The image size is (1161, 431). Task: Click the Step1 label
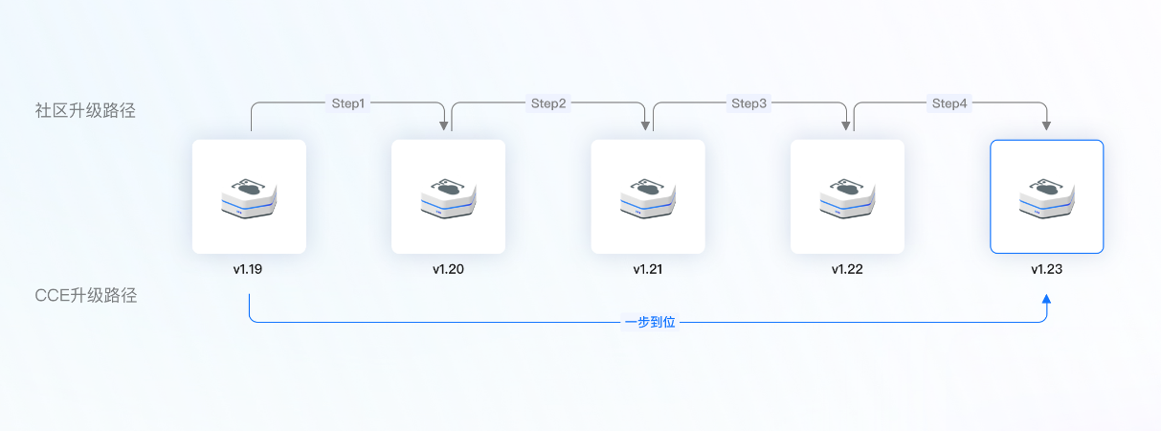point(348,103)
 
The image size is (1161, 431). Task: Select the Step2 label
point(548,103)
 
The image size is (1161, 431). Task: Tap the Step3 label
point(748,103)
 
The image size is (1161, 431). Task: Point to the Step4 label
point(949,103)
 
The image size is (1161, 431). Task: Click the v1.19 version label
point(249,269)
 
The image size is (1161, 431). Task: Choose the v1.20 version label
point(448,269)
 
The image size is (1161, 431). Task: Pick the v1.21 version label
point(648,269)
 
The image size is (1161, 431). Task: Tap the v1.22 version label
point(847,269)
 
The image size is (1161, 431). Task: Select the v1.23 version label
point(1046,269)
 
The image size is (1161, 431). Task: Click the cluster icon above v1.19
point(249,196)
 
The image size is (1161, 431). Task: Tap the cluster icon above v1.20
point(448,196)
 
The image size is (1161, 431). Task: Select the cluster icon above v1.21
point(648,196)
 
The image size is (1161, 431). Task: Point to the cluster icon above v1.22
point(847,196)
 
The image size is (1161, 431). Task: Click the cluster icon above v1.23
point(1046,196)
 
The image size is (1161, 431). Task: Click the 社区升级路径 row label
point(85,110)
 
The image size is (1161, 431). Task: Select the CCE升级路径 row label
point(85,295)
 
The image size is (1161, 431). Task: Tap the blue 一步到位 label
point(650,323)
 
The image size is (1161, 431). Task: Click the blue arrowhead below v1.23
point(1046,300)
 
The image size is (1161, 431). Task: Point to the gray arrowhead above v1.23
point(1046,125)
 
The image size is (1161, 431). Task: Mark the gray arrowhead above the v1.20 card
point(445,125)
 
